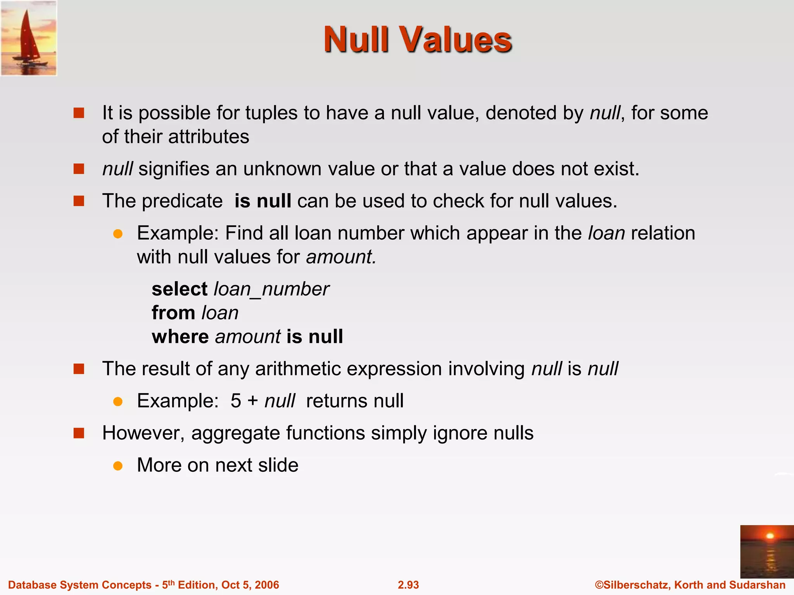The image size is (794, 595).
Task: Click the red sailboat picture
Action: [x=29, y=38]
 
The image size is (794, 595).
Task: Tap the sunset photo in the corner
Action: [x=766, y=551]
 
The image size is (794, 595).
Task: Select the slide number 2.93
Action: [x=408, y=585]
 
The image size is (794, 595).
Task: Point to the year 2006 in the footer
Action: [x=266, y=585]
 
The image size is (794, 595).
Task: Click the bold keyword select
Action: [x=180, y=289]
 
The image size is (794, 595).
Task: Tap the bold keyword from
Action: [x=173, y=313]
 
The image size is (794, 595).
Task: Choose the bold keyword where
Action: [x=180, y=336]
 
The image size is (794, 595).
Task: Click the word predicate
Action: [x=182, y=201]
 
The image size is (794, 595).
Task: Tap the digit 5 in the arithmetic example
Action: [x=236, y=401]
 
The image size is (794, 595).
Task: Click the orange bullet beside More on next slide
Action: [x=118, y=466]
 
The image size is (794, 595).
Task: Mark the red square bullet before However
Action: [x=79, y=433]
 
